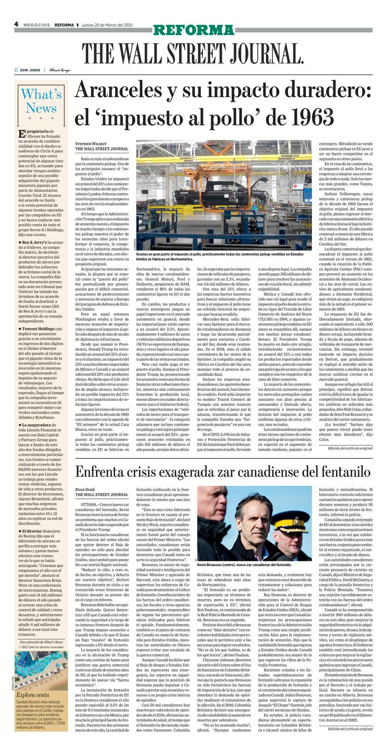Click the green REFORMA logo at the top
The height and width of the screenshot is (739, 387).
193,30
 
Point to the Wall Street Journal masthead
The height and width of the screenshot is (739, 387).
193,53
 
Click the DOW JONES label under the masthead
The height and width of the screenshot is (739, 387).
30,70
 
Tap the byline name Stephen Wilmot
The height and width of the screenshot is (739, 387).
91,144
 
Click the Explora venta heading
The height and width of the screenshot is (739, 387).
33,695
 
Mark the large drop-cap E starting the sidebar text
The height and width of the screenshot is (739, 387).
21,134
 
